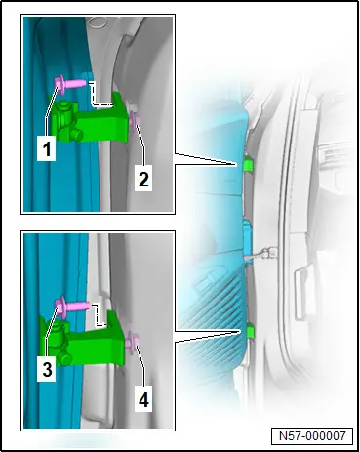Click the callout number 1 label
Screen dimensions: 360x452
click(47, 149)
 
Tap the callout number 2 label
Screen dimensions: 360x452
click(143, 179)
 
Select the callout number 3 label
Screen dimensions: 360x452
click(47, 370)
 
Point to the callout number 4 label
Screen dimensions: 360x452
click(143, 399)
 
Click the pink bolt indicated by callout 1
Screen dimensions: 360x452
click(70, 83)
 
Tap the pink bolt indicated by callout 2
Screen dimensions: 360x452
click(135, 120)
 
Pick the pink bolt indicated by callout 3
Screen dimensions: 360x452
click(71, 307)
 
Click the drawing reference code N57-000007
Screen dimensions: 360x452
click(312, 435)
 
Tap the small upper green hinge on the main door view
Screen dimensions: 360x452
click(249, 164)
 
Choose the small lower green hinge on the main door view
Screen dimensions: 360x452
click(250, 330)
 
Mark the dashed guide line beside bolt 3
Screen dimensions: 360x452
click(100, 315)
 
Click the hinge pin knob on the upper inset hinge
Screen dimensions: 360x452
click(64, 107)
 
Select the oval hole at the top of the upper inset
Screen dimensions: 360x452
click(96, 21)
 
